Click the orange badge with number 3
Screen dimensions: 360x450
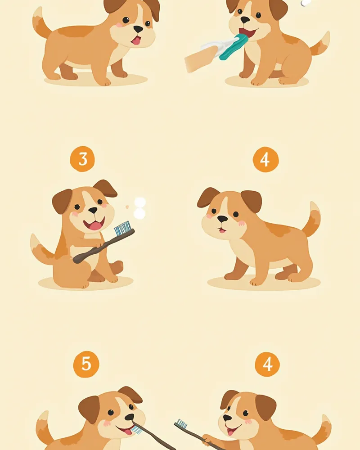coord(82,159)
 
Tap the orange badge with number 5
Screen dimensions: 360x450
coord(86,364)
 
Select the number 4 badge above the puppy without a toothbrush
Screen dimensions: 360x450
coord(265,160)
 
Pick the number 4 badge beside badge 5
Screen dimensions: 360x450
coord(267,364)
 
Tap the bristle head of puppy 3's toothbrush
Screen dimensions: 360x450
coord(124,228)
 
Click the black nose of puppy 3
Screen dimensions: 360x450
coord(93,211)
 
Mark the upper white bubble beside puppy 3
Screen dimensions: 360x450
coord(140,202)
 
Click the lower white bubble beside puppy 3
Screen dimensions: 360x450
coord(139,214)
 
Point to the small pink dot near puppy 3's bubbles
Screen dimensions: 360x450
coord(127,207)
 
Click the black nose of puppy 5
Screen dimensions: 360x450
coord(130,417)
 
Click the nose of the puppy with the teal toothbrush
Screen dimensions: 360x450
coord(245,20)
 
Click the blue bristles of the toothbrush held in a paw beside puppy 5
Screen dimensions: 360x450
coord(181,423)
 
